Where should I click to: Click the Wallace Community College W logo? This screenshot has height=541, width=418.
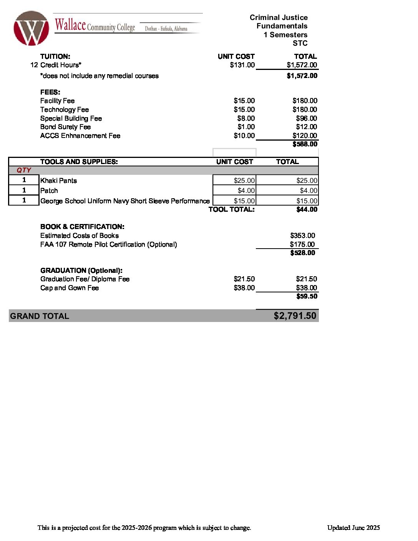pyautogui.click(x=31, y=28)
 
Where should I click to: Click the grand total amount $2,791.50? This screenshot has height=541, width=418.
pyautogui.click(x=295, y=316)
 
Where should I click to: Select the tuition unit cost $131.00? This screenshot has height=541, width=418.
pyautogui.click(x=242, y=65)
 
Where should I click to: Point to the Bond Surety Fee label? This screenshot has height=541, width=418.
pyautogui.click(x=65, y=127)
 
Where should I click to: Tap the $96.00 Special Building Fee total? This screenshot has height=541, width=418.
pyautogui.click(x=306, y=118)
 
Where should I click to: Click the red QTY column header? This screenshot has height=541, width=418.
pyautogui.click(x=23, y=170)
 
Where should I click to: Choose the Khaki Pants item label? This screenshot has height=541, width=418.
pyautogui.click(x=58, y=181)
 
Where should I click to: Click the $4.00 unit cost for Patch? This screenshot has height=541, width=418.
pyautogui.click(x=246, y=191)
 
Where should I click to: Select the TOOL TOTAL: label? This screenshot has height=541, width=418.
pyautogui.click(x=231, y=209)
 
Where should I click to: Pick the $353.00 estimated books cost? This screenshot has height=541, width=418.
pyautogui.click(x=302, y=236)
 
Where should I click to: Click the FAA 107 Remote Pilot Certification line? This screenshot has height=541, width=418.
pyautogui.click(x=108, y=244)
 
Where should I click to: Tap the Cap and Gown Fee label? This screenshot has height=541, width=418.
pyautogui.click(x=70, y=288)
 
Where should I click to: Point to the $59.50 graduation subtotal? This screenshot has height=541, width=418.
pyautogui.click(x=307, y=296)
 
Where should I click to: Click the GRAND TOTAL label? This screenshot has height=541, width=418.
pyautogui.click(x=40, y=316)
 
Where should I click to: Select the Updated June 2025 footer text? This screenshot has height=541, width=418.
pyautogui.click(x=353, y=528)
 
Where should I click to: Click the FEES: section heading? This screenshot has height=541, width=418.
pyautogui.click(x=50, y=92)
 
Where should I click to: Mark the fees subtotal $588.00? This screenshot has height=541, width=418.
pyautogui.click(x=305, y=144)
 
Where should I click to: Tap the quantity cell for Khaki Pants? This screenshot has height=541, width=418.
pyautogui.click(x=24, y=180)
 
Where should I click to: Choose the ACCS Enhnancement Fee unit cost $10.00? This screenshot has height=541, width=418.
pyautogui.click(x=244, y=136)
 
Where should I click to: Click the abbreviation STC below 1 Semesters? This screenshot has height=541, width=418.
pyautogui.click(x=300, y=43)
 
